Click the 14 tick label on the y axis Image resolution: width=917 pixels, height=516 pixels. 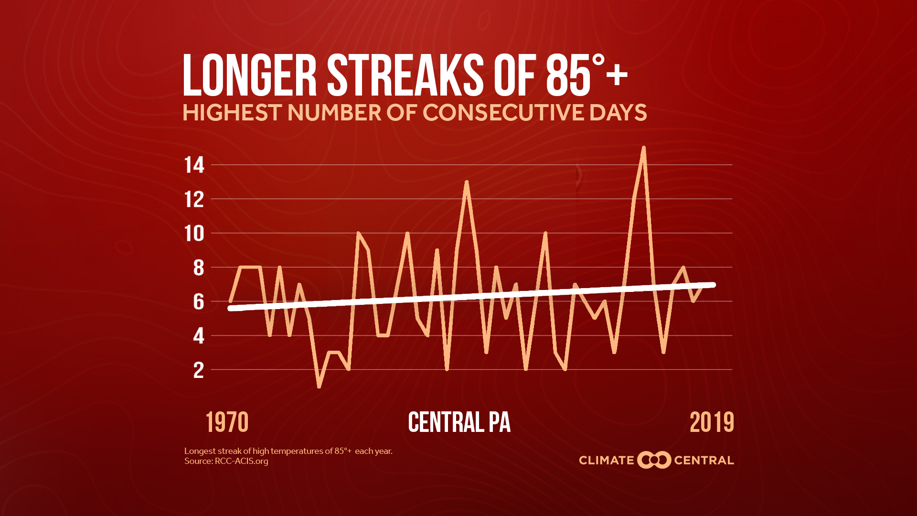194,165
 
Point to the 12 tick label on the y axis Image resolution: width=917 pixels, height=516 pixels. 194,200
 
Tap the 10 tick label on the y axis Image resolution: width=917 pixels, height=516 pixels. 194,234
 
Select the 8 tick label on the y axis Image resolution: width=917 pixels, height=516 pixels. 198,268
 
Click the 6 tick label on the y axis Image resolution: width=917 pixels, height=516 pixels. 198,302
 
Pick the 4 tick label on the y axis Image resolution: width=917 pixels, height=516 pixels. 198,336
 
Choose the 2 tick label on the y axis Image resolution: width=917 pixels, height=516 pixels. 198,370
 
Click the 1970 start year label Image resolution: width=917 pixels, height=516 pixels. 227,422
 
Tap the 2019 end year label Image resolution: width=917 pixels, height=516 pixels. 712,422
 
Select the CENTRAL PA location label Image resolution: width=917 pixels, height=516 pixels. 459,422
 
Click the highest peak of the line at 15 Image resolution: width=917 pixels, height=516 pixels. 644,148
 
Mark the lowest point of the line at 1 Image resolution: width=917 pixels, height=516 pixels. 319,386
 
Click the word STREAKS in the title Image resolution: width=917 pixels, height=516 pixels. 405,75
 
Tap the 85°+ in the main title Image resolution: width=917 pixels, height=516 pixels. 586,75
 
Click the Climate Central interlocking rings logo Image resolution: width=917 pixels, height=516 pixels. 654,460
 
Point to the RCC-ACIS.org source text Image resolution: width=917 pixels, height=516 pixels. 241,461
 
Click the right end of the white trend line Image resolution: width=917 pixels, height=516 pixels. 714,285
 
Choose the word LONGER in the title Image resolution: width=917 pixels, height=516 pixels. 250,75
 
